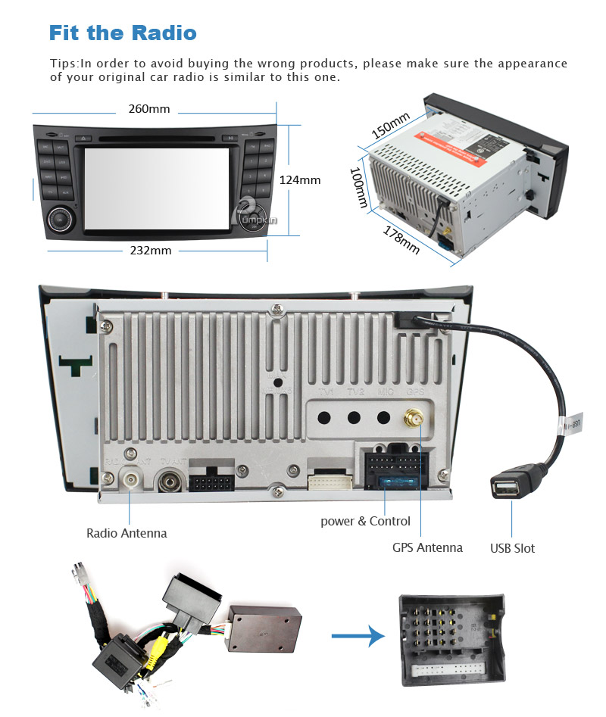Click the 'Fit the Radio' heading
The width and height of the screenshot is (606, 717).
(123, 33)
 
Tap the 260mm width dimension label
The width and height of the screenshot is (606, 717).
(149, 109)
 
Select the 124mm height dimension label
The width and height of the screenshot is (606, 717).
(300, 180)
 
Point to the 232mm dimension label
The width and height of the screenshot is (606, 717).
(150, 251)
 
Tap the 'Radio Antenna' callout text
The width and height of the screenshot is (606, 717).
(127, 533)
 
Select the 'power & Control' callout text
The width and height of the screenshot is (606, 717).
(366, 521)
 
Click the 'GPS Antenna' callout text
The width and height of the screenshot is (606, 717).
(427, 547)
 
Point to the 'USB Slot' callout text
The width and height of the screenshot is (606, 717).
(512, 548)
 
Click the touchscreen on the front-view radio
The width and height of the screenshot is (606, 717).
(156, 187)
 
